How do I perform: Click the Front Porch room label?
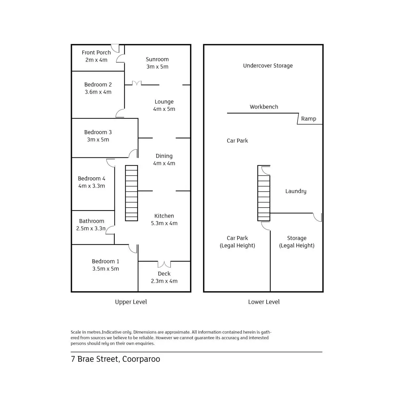pyautogui.click(x=96, y=52)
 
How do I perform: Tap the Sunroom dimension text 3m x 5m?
pyautogui.click(x=157, y=67)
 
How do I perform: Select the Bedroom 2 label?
pyautogui.click(x=98, y=84)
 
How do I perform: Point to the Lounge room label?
pyautogui.click(x=164, y=102)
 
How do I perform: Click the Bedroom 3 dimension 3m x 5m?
pyautogui.click(x=98, y=140)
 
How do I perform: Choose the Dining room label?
pyautogui.click(x=164, y=156)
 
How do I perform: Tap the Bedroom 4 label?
pyautogui.click(x=91, y=179)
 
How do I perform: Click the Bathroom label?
pyautogui.click(x=91, y=221)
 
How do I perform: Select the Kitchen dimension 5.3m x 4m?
pyautogui.click(x=164, y=223)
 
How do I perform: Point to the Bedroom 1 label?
pyautogui.click(x=106, y=261)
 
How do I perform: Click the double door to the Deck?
pyautogui.click(x=164, y=264)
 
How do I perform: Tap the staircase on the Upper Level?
pyautogui.click(x=131, y=193)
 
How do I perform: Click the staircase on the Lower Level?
pyautogui.click(x=264, y=193)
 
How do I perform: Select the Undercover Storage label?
pyautogui.click(x=268, y=66)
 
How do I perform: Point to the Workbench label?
pyautogui.click(x=264, y=107)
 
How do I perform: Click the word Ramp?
pyautogui.click(x=309, y=119)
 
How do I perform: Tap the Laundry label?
pyautogui.click(x=296, y=191)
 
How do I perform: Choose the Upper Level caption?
pyautogui.click(x=131, y=302)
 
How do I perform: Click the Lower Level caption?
pyautogui.click(x=264, y=302)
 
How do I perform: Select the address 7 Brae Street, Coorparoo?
pyautogui.click(x=115, y=359)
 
